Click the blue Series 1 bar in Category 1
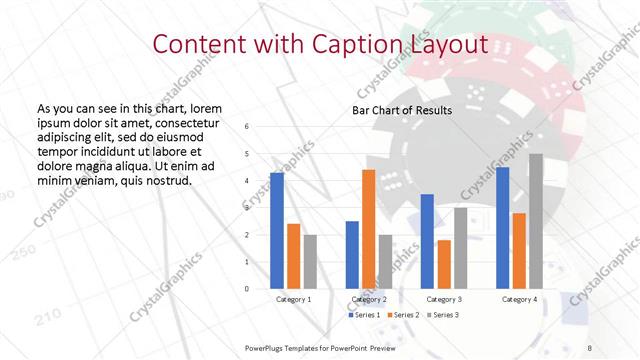tap(277, 231)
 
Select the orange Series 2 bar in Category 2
tap(368, 229)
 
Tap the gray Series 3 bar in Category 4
tap(536, 221)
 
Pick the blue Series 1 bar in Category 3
tap(427, 241)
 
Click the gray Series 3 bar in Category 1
tap(309, 262)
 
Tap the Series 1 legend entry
tap(365, 315)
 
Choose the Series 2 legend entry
tap(402, 315)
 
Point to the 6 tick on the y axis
tap(248, 126)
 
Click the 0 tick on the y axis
tap(248, 289)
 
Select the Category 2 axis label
tap(369, 299)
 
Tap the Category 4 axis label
tap(519, 299)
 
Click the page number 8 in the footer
tap(589, 346)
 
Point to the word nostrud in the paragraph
tap(163, 181)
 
